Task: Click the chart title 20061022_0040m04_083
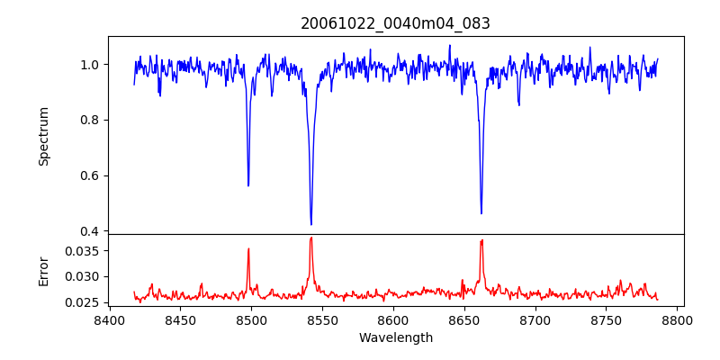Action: pos(395,24)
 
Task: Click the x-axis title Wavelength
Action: pos(395,337)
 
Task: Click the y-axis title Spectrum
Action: pos(43,136)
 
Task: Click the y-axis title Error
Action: pos(43,270)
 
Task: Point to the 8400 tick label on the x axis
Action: pos(109,319)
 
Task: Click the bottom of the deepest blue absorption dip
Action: pos(311,224)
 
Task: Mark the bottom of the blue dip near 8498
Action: pos(248,185)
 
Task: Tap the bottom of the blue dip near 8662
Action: pos(481,213)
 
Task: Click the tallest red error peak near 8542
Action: pos(311,238)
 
